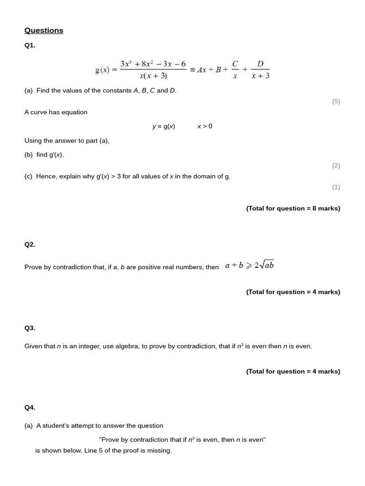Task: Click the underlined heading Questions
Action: (44, 30)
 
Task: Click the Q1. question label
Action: (29, 46)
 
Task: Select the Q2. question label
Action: (29, 244)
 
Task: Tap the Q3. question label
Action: (29, 328)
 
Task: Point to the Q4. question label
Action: (29, 407)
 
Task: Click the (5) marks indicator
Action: (336, 101)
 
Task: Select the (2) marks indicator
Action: (336, 166)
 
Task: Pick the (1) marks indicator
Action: (336, 187)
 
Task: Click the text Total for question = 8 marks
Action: (293, 208)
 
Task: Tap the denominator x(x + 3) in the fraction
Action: (153, 75)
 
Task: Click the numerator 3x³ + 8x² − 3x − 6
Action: (153, 64)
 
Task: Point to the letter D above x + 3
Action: (260, 64)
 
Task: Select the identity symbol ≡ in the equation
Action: (192, 70)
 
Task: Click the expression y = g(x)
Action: (163, 126)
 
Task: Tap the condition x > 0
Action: (205, 126)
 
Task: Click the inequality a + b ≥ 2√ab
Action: (250, 265)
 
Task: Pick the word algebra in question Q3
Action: (128, 346)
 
